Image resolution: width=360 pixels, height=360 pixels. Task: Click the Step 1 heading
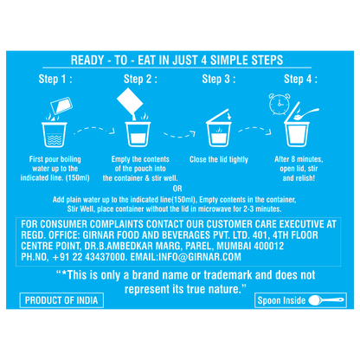(x=55, y=79)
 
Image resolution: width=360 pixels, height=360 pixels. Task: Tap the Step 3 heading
(x=219, y=79)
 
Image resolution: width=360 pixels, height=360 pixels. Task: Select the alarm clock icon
(x=280, y=104)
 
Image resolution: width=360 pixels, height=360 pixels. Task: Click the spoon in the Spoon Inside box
(x=326, y=300)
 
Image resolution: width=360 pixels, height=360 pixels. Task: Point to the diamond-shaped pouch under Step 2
(x=130, y=101)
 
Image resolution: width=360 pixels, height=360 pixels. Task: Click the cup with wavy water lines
(x=55, y=134)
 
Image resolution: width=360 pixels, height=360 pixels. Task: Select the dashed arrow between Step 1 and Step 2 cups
(x=94, y=130)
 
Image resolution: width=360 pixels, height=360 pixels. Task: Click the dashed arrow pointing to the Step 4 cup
(x=254, y=130)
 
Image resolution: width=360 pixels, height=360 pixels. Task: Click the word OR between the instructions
(x=177, y=189)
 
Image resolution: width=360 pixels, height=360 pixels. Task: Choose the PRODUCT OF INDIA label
(x=61, y=300)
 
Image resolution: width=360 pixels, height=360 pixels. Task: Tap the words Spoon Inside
(x=281, y=300)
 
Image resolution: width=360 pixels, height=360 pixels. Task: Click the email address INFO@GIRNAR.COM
(x=200, y=257)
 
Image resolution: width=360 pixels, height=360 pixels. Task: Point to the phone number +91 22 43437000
(x=89, y=257)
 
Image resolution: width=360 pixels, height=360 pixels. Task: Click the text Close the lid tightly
(x=219, y=159)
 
